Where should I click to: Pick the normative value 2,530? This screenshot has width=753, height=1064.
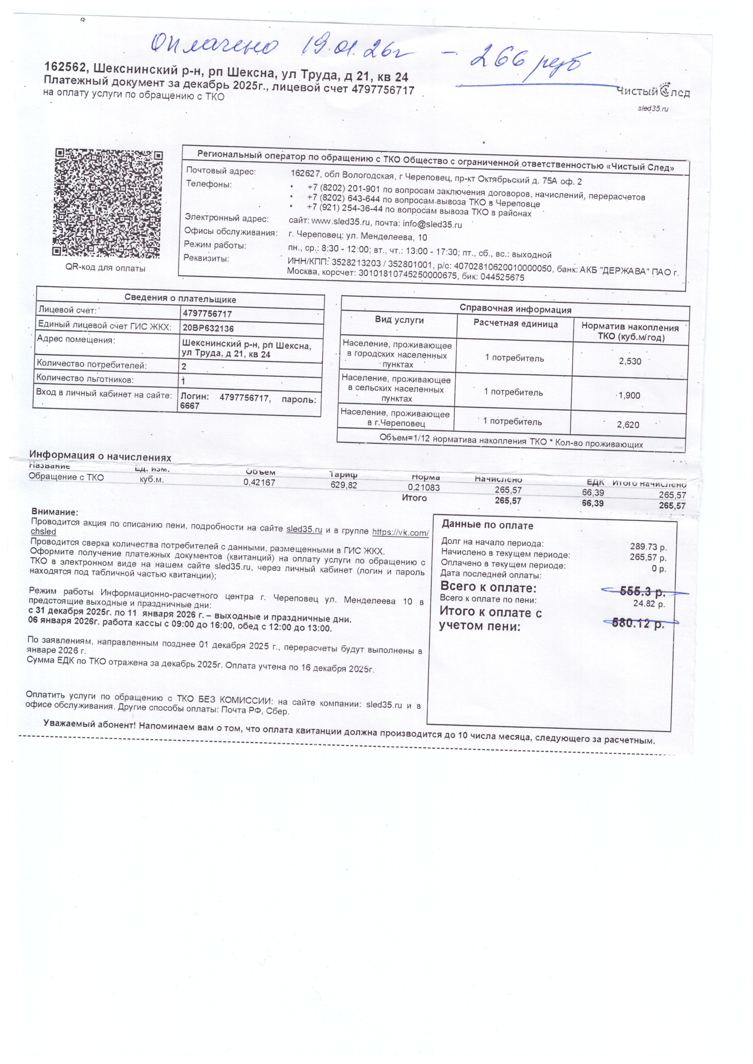pos(630,361)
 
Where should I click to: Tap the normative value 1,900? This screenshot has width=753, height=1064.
pos(629,395)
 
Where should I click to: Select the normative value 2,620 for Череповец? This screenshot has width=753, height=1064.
pos(628,424)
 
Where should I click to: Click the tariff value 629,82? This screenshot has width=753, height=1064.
pos(344,485)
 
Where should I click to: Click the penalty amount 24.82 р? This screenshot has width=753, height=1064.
pos(649,604)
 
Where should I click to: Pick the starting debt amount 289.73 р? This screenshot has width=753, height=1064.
pos(648,547)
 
